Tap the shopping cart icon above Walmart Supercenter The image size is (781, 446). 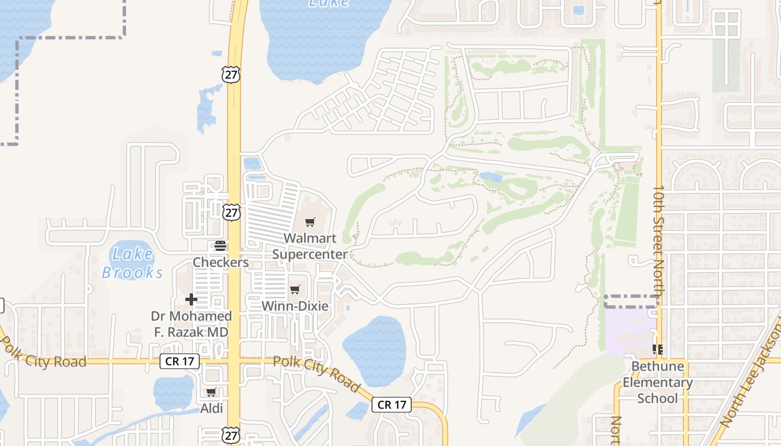pos(310,222)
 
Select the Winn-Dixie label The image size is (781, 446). pos(295,306)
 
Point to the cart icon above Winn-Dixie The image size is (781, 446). pos(295,289)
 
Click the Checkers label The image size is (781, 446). pos(220,262)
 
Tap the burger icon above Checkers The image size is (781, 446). pos(220,246)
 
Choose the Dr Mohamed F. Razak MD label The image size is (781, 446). pos(191,324)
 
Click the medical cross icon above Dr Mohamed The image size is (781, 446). pos(191,299)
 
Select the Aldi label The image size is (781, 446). pos(211,408)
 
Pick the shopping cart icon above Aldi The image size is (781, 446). pos(211,392)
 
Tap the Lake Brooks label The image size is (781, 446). pos(133,263)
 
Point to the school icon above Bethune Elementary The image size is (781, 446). pos(658,350)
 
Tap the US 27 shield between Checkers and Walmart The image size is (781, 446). pos(231,212)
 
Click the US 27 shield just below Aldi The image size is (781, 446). pos(231,435)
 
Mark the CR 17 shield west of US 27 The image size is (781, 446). pos(180,361)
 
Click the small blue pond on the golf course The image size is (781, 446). pos(491,177)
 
